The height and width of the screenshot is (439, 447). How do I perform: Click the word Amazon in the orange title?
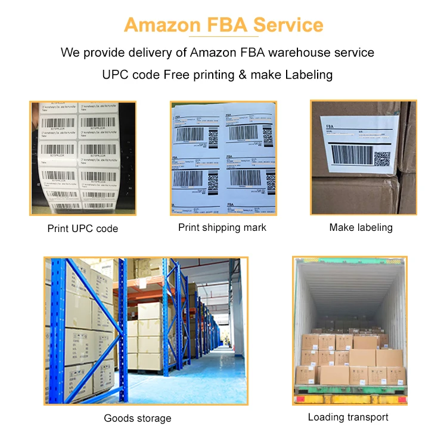click(x=162, y=26)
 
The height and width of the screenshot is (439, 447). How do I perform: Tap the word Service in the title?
click(x=288, y=26)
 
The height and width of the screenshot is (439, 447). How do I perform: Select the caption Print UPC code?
click(x=83, y=228)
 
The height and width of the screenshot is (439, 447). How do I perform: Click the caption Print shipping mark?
click(x=222, y=227)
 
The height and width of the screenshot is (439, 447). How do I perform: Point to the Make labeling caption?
click(x=361, y=227)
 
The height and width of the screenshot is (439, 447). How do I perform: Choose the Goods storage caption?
click(x=138, y=418)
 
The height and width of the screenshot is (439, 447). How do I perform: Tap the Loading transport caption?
click(x=348, y=417)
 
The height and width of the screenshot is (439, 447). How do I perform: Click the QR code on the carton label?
click(x=381, y=158)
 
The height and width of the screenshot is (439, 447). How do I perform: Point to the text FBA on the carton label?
click(x=332, y=127)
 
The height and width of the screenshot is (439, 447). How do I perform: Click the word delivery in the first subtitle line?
click(x=151, y=52)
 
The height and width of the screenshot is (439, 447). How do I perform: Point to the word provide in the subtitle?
click(x=104, y=52)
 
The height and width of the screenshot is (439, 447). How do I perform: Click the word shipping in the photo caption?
click(x=222, y=227)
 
